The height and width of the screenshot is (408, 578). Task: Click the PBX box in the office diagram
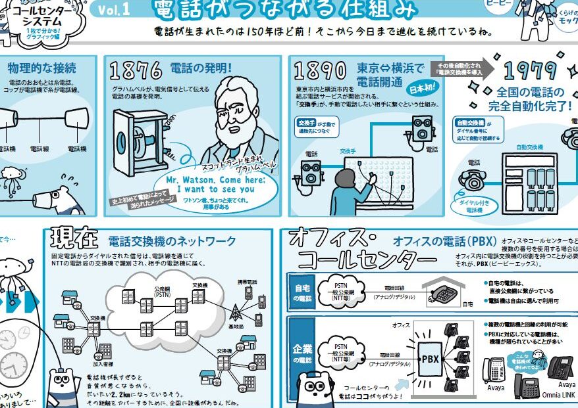click(429, 359)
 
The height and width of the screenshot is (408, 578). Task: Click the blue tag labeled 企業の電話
click(302, 354)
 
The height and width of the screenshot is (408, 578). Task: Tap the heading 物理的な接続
click(43, 68)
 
